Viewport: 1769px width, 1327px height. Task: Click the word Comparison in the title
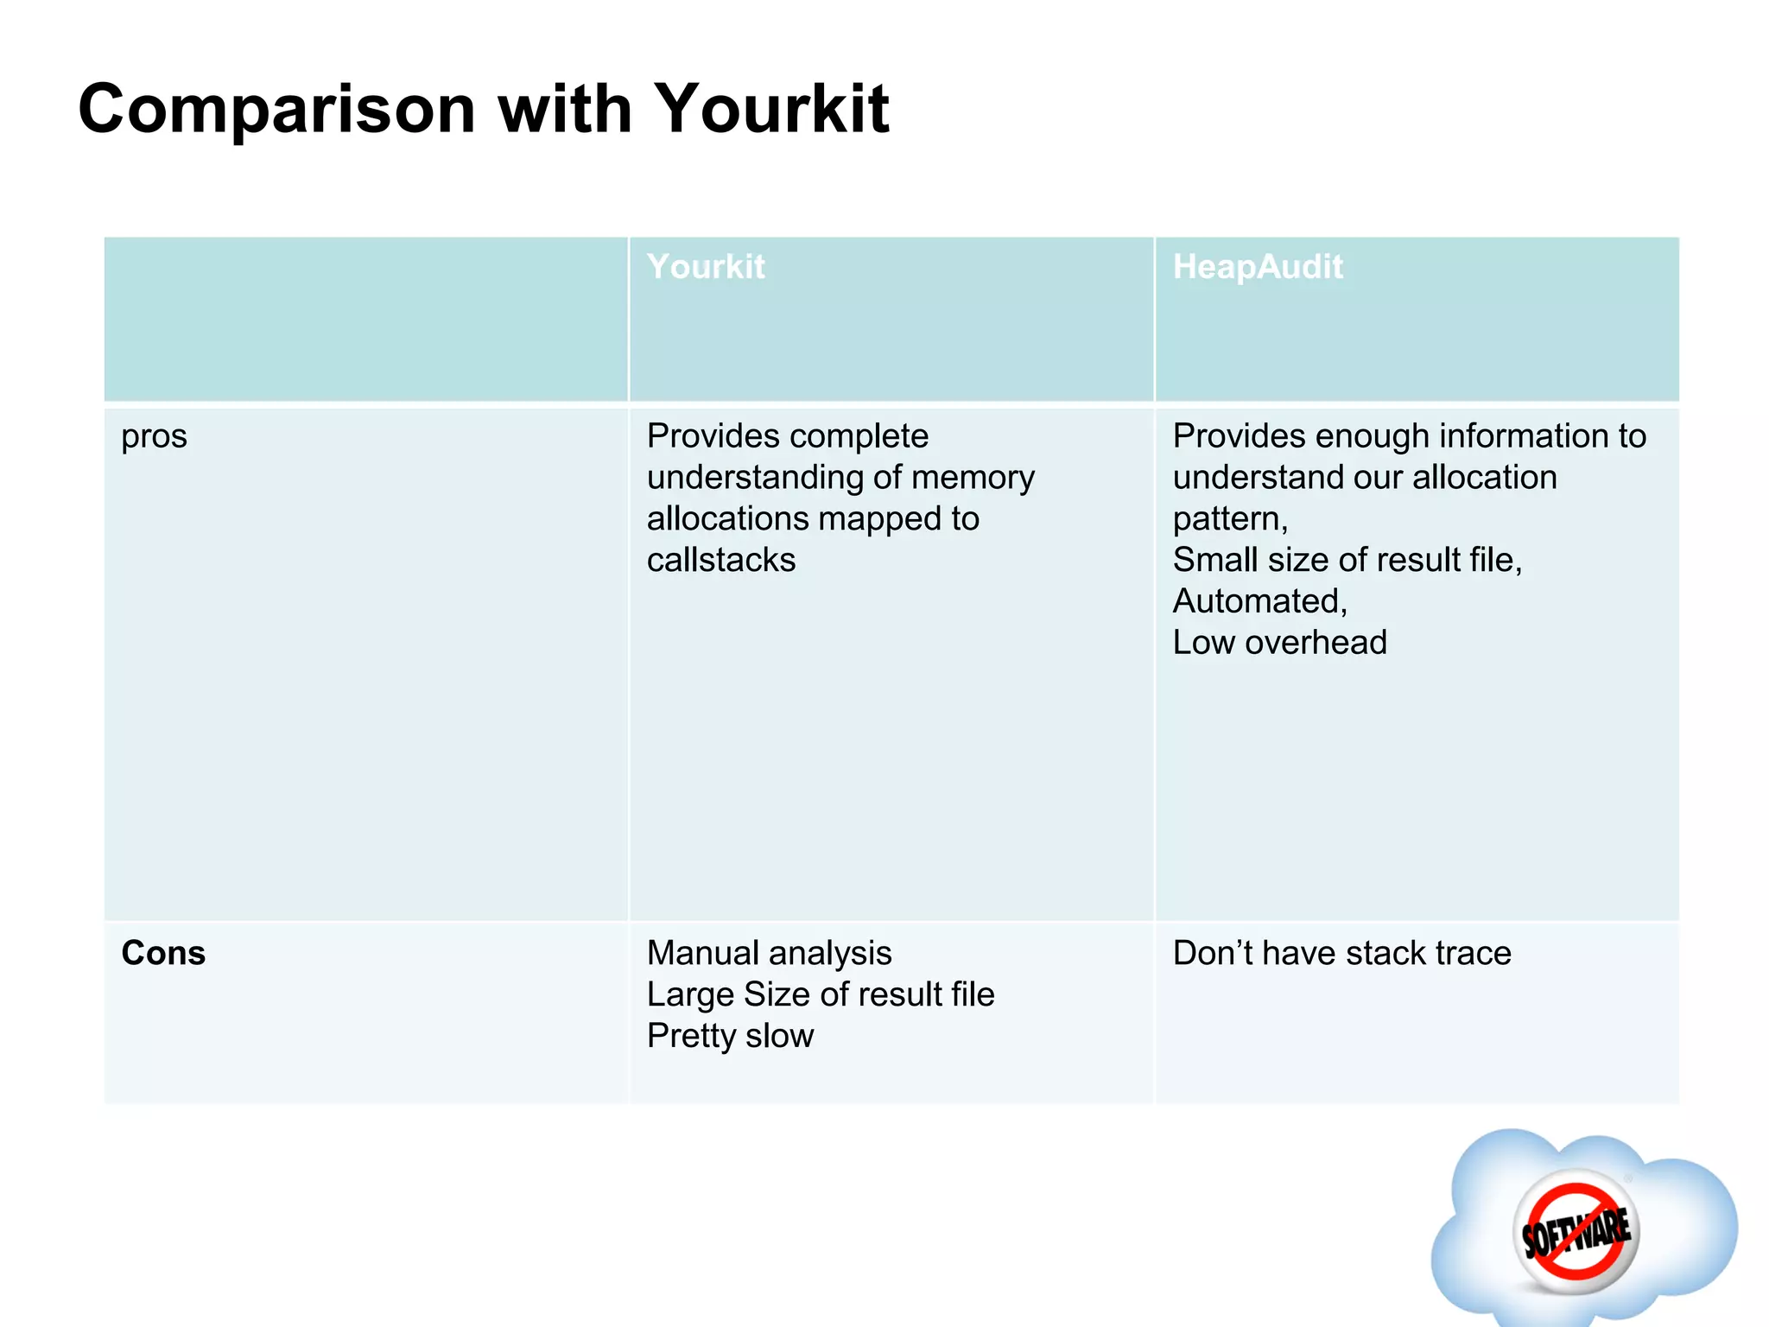point(276,110)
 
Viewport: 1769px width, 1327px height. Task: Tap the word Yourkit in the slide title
point(771,110)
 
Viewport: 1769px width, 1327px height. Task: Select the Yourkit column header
point(706,267)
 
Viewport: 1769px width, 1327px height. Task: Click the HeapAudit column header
point(1257,267)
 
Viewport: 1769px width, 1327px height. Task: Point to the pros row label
point(154,437)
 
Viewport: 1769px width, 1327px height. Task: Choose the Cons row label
point(163,953)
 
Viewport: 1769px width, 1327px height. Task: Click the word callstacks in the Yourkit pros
point(721,561)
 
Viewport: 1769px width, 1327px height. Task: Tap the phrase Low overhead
point(1279,643)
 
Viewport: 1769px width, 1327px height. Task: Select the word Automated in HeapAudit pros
point(1257,601)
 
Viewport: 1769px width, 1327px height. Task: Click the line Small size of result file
point(1346,561)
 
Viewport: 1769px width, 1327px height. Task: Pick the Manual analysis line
point(769,953)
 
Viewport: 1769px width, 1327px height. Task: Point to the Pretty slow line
point(730,1036)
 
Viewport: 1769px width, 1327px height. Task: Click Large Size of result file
point(821,994)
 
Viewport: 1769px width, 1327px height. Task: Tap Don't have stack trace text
point(1341,953)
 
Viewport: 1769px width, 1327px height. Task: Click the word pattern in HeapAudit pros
point(1227,519)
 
